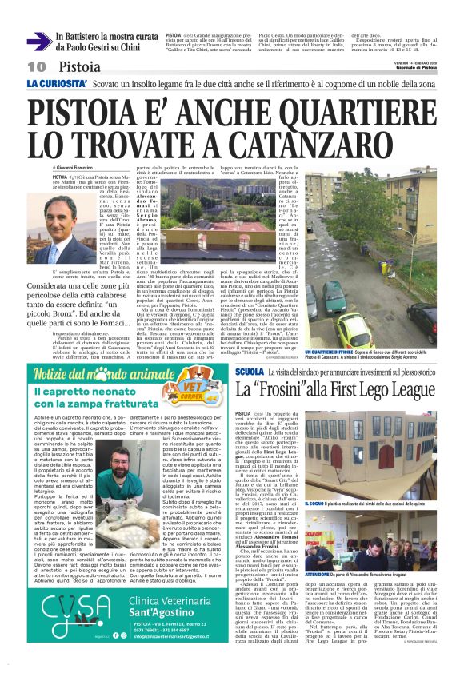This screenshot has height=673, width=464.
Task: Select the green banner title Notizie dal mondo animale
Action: (104, 376)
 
